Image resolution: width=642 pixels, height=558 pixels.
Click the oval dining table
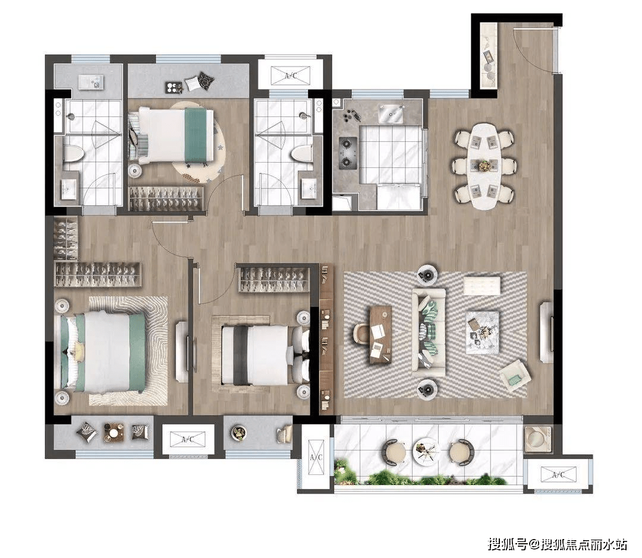(x=485, y=167)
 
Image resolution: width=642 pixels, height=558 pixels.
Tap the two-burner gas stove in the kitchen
(x=348, y=153)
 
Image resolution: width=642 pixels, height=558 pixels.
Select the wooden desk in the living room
(x=380, y=335)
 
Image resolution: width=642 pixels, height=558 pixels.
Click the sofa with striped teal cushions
(x=429, y=333)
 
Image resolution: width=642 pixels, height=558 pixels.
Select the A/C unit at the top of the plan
(x=291, y=75)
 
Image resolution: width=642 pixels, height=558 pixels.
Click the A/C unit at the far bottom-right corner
(x=558, y=475)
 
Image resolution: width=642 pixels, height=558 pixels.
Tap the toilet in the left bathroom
(x=73, y=153)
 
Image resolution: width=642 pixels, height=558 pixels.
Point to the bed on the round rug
(x=172, y=135)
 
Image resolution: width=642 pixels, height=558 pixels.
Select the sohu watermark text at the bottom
(x=558, y=544)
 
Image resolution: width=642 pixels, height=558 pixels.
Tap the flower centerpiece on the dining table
(x=485, y=166)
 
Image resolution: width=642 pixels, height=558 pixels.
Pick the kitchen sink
(x=389, y=114)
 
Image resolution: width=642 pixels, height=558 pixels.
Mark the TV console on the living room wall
(x=546, y=332)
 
